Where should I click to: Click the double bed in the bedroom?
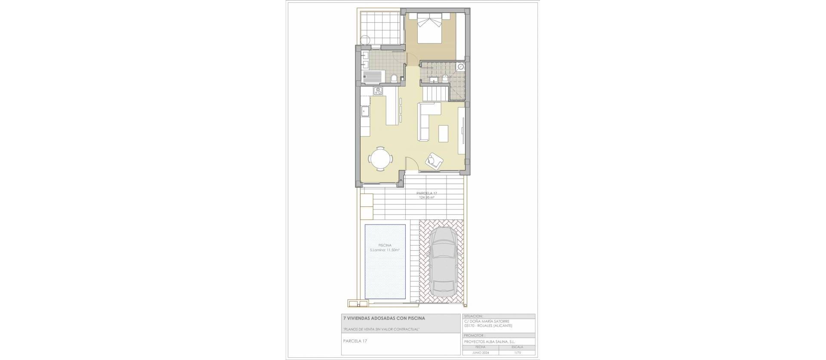(429, 27)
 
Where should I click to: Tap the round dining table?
(80, 159)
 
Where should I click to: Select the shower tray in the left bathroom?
(71, 88)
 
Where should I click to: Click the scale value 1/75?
(517, 352)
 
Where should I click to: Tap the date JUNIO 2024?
(481, 352)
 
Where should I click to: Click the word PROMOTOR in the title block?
(474, 335)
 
